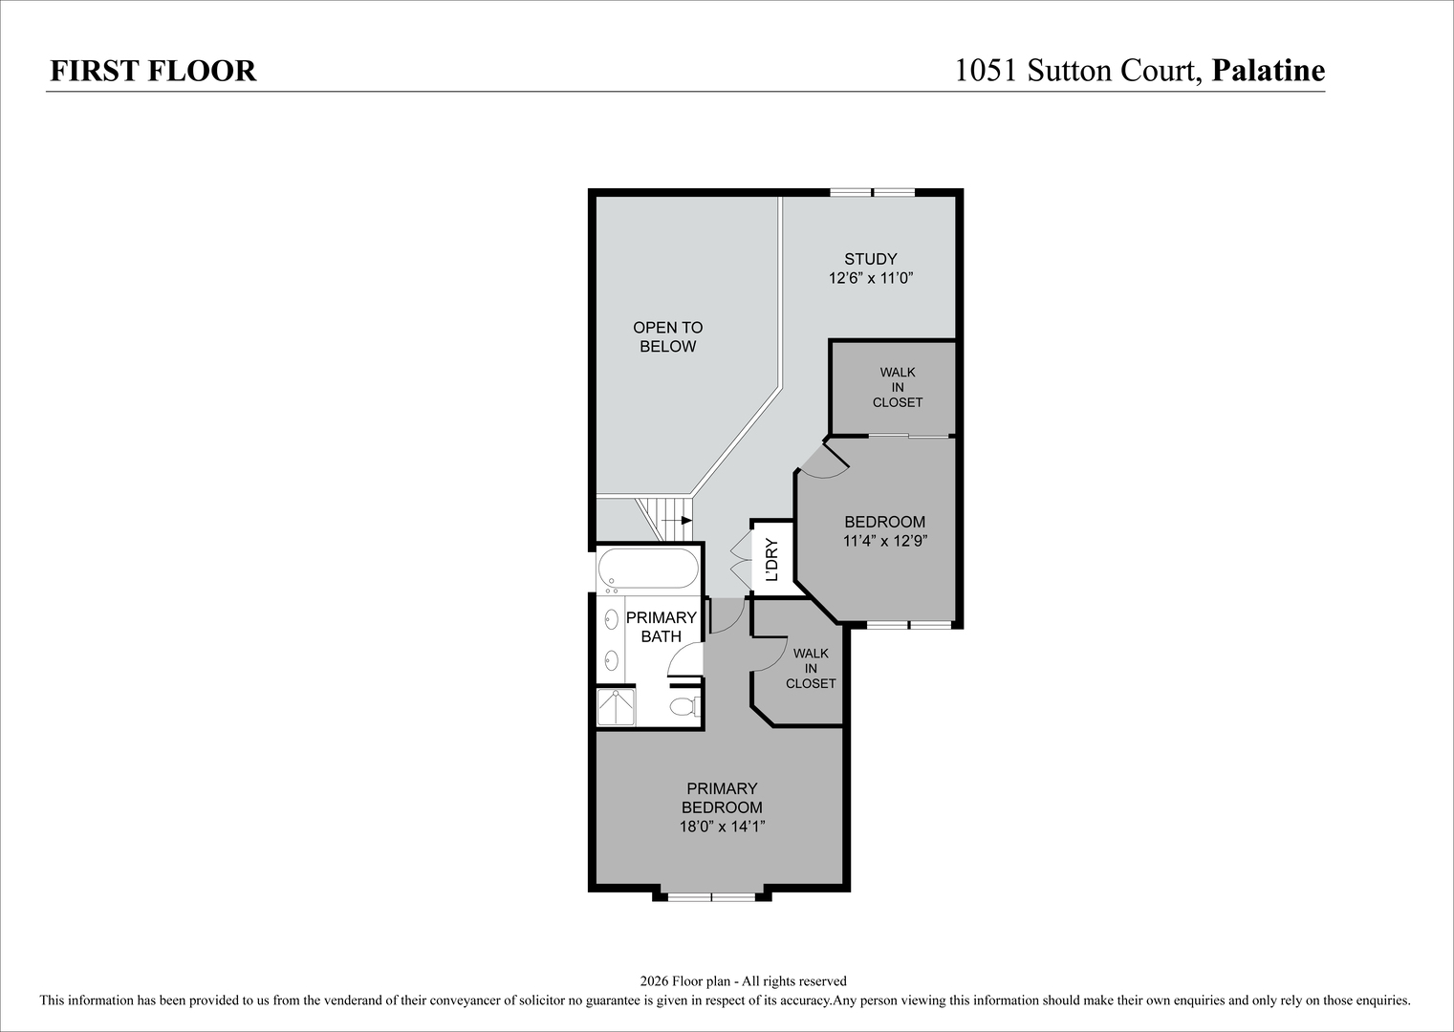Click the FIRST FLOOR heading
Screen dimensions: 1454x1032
pyautogui.click(x=153, y=71)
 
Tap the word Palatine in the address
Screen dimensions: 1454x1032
pyautogui.click(x=1269, y=71)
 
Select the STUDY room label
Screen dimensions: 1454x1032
pyautogui.click(x=871, y=259)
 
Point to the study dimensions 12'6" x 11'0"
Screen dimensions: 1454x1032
pyautogui.click(x=871, y=278)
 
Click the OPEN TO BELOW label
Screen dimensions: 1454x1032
pyautogui.click(x=668, y=336)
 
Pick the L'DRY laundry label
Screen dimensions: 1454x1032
pyautogui.click(x=771, y=559)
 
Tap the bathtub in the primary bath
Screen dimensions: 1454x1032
pyautogui.click(x=648, y=569)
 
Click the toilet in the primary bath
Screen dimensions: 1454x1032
pyautogui.click(x=685, y=706)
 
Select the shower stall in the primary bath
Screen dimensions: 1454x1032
pyautogui.click(x=616, y=707)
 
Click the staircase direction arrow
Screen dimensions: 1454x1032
pyautogui.click(x=678, y=520)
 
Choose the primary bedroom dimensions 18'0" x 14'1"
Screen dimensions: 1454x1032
pyautogui.click(x=722, y=827)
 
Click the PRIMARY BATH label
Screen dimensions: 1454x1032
pyautogui.click(x=661, y=627)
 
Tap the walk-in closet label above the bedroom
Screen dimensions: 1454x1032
pyautogui.click(x=898, y=387)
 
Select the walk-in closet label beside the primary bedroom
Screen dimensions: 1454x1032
pyautogui.click(x=811, y=668)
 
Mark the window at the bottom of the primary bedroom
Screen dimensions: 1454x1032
pyautogui.click(x=711, y=897)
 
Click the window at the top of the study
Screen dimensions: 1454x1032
pyautogui.click(x=873, y=192)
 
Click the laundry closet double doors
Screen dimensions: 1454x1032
pyautogui.click(x=741, y=558)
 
